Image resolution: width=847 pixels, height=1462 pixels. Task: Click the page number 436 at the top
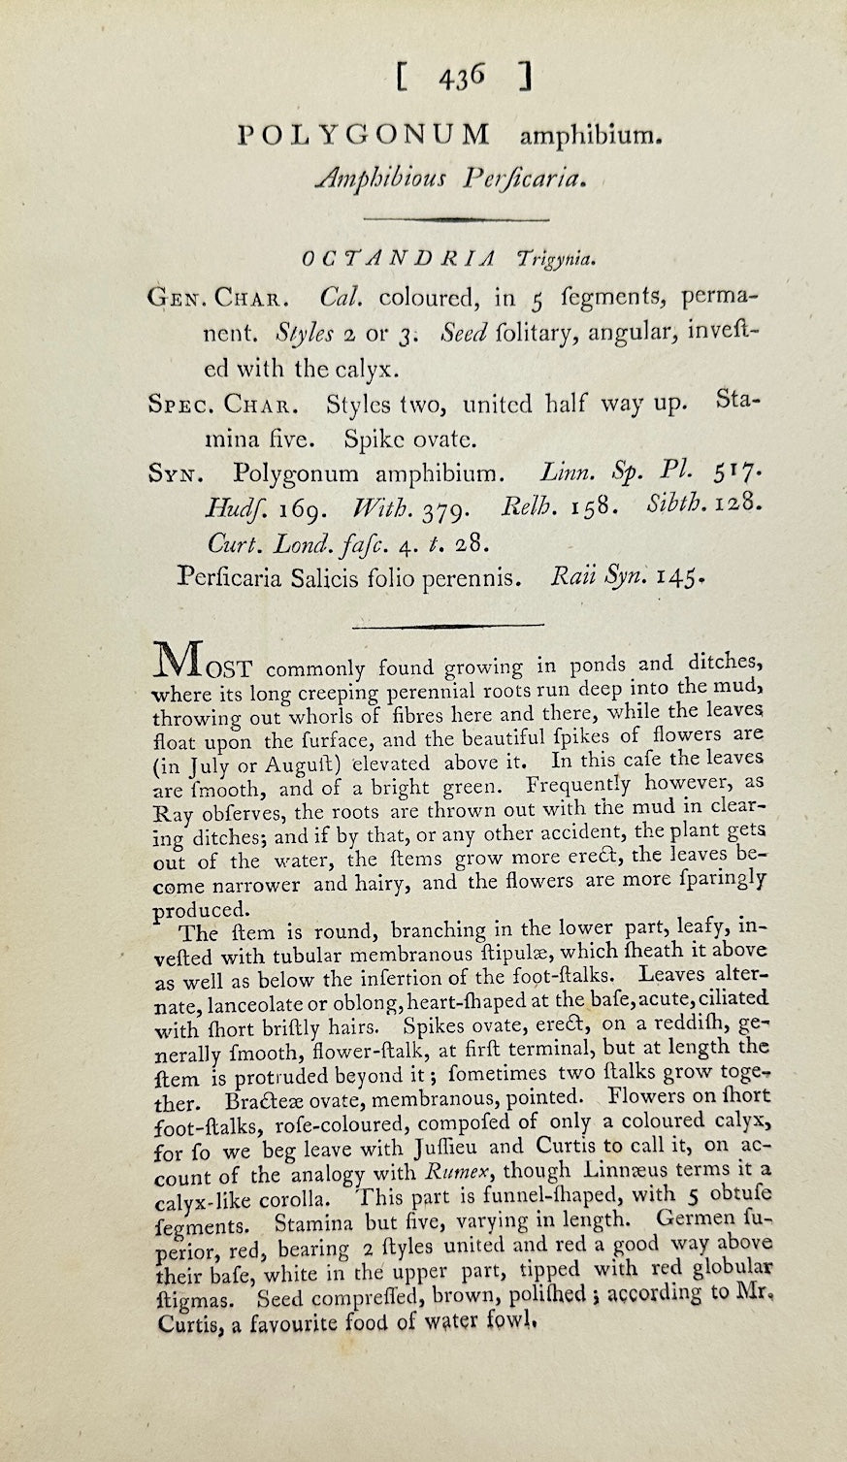coord(460,77)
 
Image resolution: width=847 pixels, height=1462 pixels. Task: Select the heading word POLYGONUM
coord(364,136)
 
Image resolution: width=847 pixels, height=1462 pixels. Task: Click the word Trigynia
coord(558,258)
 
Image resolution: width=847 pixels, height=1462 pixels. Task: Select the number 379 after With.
coord(448,507)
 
